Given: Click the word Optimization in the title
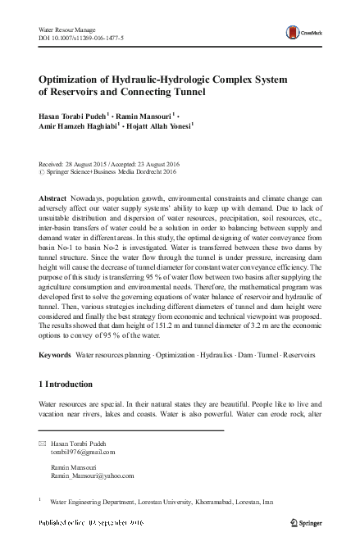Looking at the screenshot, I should click(78, 80).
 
